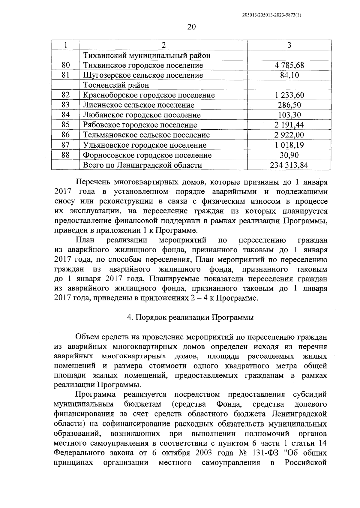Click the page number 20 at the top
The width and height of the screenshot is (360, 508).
(191, 27)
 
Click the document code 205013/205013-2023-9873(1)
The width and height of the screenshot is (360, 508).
(271, 15)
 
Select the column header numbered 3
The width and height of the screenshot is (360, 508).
(289, 45)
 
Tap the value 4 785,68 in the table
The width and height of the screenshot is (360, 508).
(289, 65)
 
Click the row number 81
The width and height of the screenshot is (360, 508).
(65, 75)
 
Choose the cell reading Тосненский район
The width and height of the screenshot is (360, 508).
(116, 85)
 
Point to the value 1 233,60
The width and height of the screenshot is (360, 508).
(289, 95)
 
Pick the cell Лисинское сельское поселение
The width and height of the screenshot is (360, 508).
(139, 105)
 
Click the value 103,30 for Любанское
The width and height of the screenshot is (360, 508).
(289, 115)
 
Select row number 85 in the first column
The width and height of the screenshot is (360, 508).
(65, 125)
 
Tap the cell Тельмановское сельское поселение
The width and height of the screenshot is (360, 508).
(146, 135)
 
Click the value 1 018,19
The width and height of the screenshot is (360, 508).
(289, 145)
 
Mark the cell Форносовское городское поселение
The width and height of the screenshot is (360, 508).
(147, 155)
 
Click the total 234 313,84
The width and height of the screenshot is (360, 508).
(289, 165)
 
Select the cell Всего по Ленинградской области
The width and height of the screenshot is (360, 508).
(142, 165)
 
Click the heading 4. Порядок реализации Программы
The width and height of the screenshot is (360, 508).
(190, 318)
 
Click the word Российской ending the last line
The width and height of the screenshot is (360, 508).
(305, 463)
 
